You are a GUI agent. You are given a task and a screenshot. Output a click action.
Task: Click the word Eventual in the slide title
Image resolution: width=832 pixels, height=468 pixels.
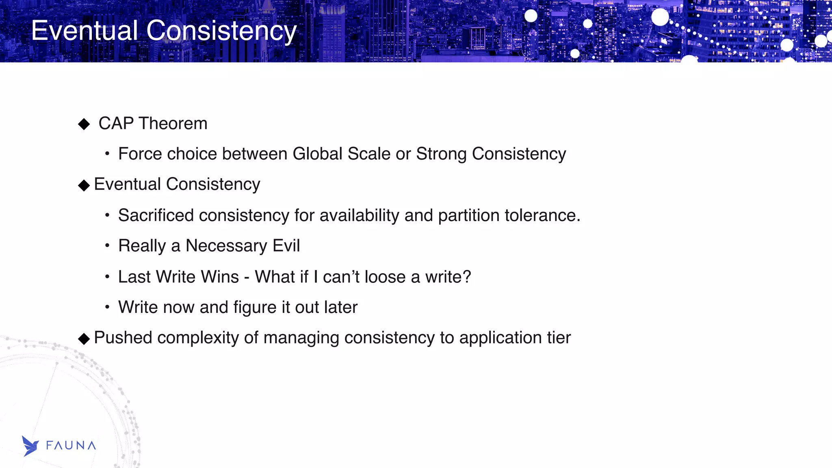point(84,31)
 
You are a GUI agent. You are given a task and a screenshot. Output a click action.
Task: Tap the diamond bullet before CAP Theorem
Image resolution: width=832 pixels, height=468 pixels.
point(84,124)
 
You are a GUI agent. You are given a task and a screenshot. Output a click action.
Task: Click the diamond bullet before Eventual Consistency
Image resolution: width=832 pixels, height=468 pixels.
point(84,185)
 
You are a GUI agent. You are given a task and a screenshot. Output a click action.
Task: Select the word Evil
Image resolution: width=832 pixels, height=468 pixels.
point(286,246)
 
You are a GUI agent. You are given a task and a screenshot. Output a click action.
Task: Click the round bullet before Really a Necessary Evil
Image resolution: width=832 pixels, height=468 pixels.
point(107,246)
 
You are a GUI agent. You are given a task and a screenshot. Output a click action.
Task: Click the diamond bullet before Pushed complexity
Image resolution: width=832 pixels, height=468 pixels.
point(84,339)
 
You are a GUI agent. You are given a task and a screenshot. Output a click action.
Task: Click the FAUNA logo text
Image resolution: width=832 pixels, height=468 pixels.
point(71,446)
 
